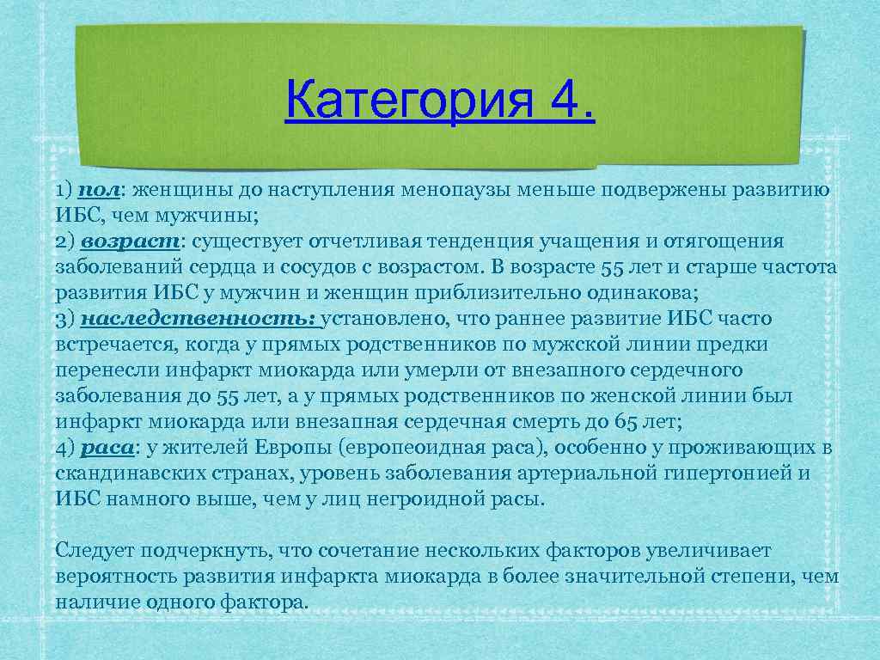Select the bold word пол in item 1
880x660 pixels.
pos(93,190)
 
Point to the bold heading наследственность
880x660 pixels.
pos(200,319)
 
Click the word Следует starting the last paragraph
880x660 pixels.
pos(92,550)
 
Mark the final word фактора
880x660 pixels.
pos(266,602)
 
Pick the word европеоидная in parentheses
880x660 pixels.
pos(403,448)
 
